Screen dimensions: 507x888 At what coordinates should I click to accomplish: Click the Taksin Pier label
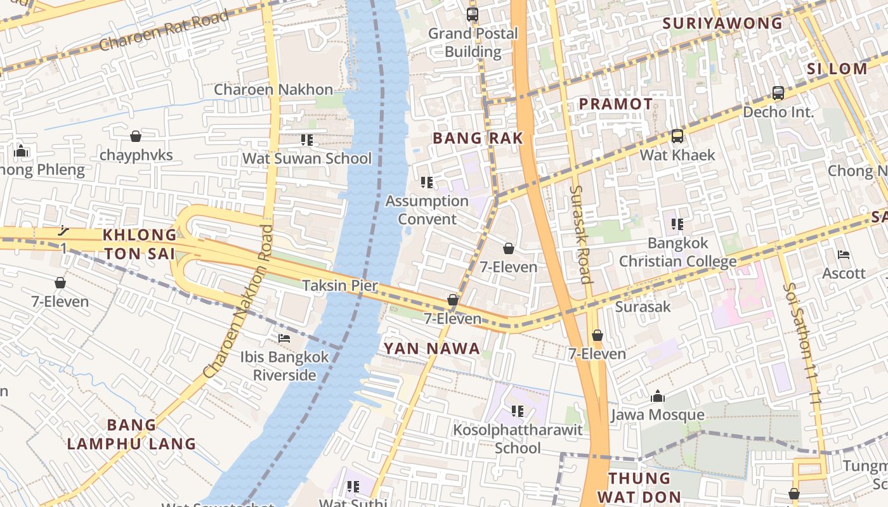340,285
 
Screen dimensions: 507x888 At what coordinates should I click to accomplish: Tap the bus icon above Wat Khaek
677,136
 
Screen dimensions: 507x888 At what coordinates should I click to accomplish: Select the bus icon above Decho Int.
778,93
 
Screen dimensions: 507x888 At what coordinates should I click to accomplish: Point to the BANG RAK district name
478,138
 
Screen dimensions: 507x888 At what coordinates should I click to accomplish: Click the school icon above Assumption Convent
427,183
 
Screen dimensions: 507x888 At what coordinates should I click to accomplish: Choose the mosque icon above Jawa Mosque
658,396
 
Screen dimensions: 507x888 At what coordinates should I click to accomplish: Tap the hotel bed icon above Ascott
844,255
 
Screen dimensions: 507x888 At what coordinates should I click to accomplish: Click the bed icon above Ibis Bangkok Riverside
284,338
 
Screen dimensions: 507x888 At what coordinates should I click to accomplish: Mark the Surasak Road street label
580,234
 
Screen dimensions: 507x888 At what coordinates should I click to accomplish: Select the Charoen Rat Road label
164,32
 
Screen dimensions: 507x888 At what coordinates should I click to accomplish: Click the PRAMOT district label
615,104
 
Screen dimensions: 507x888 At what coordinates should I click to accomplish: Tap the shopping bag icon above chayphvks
135,136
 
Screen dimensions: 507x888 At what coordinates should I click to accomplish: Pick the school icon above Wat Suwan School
307,139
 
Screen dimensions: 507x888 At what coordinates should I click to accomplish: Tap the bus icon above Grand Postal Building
472,14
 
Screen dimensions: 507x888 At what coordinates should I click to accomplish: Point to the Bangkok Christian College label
677,252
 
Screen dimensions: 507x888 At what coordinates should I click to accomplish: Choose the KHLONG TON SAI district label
140,244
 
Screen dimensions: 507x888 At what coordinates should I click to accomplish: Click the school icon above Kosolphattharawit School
518,411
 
